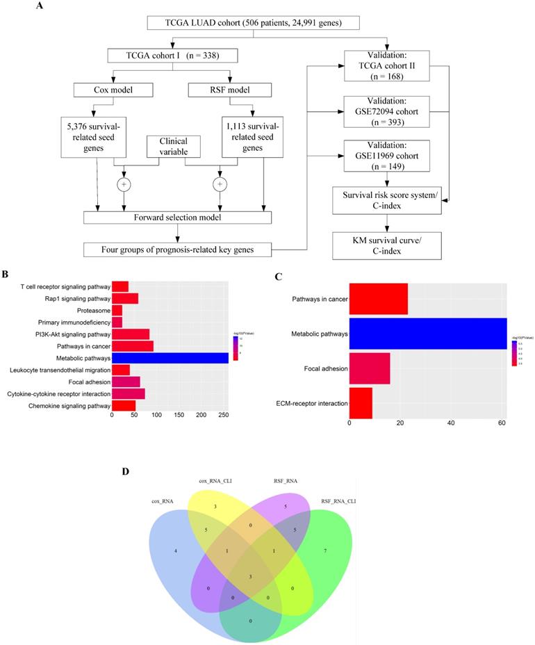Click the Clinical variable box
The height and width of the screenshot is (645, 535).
tap(172, 147)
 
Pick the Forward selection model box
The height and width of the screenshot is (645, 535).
tap(177, 217)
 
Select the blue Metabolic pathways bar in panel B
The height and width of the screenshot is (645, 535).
tap(170, 358)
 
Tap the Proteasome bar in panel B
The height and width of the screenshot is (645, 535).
tap(117, 310)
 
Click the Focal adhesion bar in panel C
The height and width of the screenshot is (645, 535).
tap(370, 368)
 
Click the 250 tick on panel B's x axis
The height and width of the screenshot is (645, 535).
tap(224, 416)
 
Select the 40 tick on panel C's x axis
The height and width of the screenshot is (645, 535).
tap(451, 422)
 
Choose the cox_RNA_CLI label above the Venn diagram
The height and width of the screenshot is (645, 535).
tap(214, 480)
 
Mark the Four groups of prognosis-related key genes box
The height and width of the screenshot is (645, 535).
tap(177, 248)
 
